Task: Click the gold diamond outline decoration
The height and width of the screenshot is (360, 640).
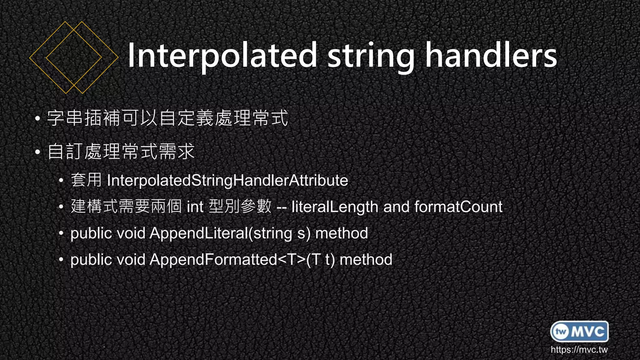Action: (74, 57)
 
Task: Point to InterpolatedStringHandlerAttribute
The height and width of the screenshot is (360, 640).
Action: (227, 181)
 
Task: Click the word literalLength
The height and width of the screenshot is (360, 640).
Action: (335, 207)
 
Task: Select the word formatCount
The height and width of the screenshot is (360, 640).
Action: (458, 207)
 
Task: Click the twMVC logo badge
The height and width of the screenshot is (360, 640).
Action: (579, 331)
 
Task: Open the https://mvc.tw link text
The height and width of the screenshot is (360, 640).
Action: (579, 349)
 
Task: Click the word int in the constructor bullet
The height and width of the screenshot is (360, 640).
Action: (195, 207)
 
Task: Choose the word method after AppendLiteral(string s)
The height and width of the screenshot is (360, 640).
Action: (342, 233)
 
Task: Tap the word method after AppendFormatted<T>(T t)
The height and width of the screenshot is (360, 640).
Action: (366, 260)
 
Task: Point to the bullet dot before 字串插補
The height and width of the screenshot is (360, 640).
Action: (37, 119)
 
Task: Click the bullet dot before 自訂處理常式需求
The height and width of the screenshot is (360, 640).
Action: (37, 152)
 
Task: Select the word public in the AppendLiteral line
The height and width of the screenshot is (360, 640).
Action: (91, 233)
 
